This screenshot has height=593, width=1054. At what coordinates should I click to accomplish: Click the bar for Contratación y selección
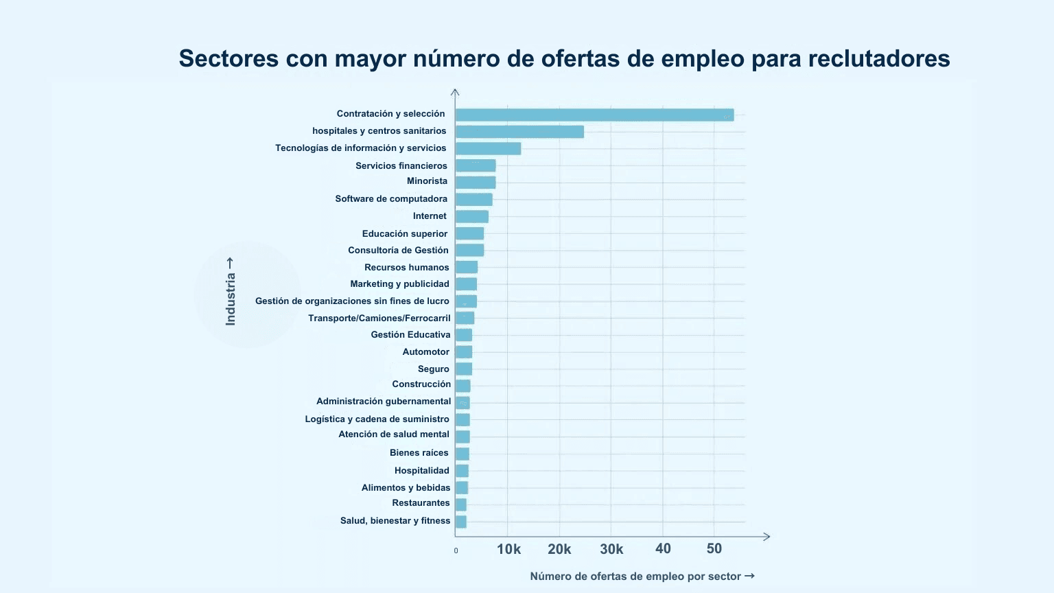[x=594, y=115]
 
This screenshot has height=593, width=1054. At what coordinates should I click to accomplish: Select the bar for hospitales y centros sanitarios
[x=519, y=132]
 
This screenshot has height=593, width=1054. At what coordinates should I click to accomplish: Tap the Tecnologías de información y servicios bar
[x=488, y=148]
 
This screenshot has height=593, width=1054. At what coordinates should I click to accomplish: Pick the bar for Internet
[x=472, y=217]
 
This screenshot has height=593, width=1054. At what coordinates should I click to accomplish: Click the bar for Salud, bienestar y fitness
[x=461, y=522]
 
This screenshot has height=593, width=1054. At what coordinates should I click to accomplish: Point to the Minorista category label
[x=427, y=181]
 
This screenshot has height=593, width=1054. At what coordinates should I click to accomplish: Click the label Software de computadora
[x=391, y=199]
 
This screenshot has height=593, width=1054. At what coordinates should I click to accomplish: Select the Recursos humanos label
[x=406, y=268]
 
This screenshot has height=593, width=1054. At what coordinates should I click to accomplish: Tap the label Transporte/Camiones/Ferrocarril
[x=379, y=318]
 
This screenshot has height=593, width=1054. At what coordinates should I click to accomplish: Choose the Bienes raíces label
[x=419, y=453]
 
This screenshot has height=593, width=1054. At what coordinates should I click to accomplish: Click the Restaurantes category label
[x=421, y=503]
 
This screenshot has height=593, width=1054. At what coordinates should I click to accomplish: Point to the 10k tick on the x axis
[x=508, y=549]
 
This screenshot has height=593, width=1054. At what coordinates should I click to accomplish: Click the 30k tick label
[x=611, y=549]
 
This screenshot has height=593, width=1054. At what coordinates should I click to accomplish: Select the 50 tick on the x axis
[x=714, y=548]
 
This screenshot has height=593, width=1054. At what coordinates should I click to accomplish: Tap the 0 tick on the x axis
[x=456, y=550]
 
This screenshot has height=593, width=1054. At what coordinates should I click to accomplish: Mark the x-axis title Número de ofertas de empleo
[x=635, y=577]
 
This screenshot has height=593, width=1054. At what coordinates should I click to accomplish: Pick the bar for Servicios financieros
[x=476, y=165]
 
